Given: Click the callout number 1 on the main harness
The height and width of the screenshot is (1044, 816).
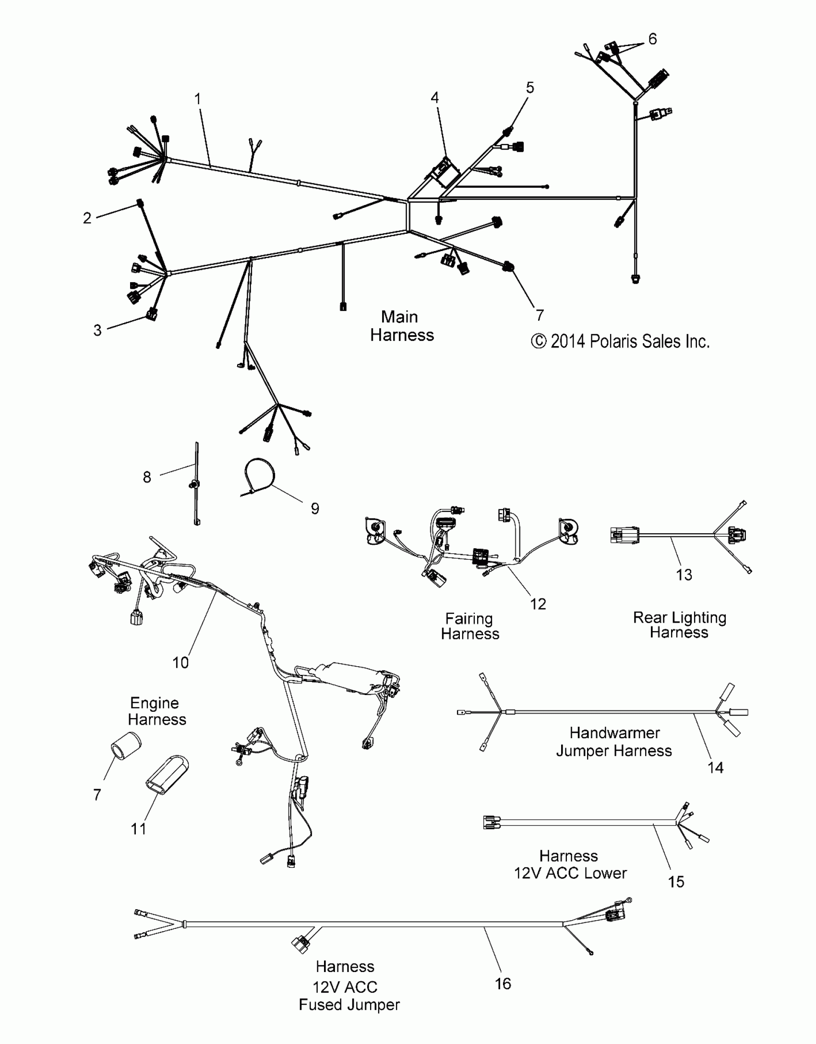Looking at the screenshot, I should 197,99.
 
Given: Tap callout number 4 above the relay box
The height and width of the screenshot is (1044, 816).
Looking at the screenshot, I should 434,98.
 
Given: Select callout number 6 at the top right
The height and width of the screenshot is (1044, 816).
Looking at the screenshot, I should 652,39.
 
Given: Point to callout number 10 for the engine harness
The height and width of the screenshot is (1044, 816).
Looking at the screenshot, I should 180,663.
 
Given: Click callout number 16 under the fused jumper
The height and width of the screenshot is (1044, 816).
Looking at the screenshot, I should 503,984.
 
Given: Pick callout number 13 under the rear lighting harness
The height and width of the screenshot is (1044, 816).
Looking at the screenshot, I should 684,575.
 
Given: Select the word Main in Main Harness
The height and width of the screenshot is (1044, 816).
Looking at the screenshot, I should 399,317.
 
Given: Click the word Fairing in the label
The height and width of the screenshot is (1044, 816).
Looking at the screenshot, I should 469,619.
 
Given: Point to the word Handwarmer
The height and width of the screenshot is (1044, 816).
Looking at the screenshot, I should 614,733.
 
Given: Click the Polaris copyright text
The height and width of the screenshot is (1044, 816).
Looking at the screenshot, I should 620,341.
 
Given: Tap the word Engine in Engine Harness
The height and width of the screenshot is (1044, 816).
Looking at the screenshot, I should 155,703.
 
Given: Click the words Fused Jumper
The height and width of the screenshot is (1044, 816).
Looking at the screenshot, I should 349,1005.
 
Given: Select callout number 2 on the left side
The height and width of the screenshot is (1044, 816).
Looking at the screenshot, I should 87,218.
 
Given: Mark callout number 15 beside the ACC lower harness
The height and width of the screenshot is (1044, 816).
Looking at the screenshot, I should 676,882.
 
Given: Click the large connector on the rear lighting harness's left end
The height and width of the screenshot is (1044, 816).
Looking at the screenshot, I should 624,535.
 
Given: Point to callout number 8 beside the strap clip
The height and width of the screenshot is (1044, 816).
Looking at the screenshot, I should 147,477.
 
